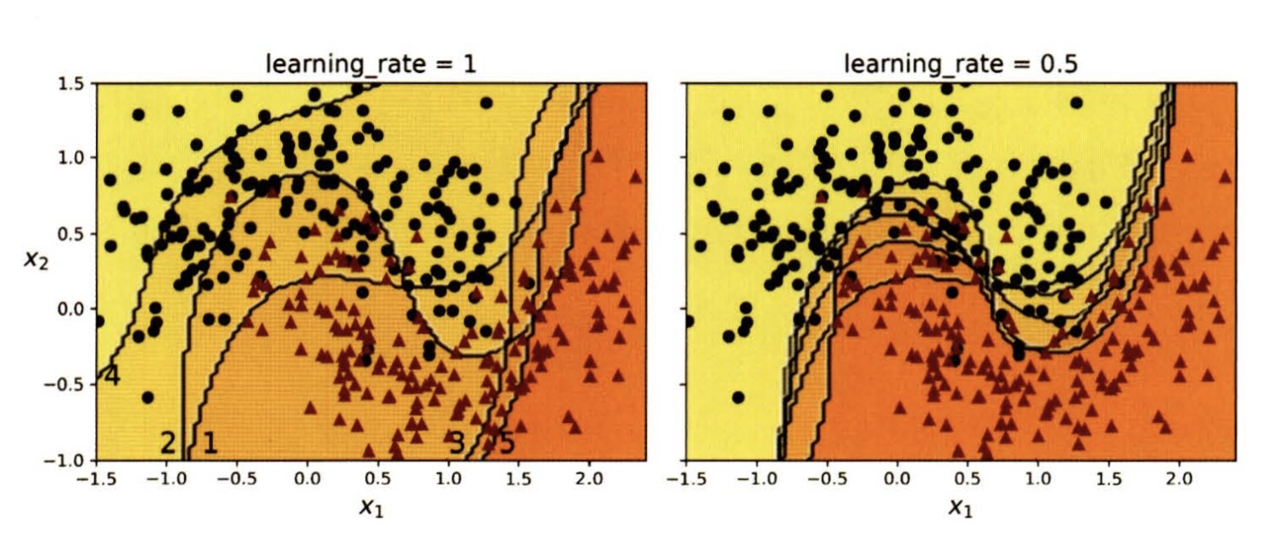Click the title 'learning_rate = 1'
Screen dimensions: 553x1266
coord(370,64)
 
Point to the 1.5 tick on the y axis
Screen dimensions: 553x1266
coord(71,83)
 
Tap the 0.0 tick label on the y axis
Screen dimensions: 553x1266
coord(71,309)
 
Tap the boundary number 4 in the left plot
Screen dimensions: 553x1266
coord(111,377)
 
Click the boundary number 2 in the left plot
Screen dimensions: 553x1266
coord(168,442)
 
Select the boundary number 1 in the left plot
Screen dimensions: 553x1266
coord(209,442)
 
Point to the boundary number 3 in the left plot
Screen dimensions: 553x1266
coord(456,442)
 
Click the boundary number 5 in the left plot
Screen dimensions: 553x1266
coord(505,442)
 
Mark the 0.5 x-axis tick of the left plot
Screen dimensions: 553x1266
coord(376,478)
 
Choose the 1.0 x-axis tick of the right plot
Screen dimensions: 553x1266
coord(1036,478)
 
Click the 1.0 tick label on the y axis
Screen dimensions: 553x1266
coord(71,158)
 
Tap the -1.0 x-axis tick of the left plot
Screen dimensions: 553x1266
coord(162,478)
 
